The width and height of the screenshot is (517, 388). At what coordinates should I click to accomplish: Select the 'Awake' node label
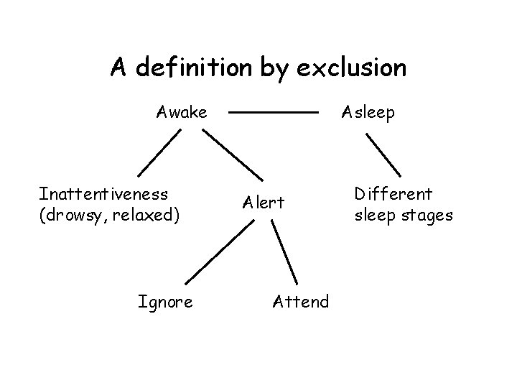[x=182, y=112]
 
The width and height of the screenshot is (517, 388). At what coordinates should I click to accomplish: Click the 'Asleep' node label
[x=368, y=112]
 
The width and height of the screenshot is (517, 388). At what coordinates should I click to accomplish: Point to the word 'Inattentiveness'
[x=104, y=193]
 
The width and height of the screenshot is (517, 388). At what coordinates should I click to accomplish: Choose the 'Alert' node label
[x=264, y=203]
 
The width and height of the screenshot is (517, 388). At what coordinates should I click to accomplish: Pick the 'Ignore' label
[x=165, y=302]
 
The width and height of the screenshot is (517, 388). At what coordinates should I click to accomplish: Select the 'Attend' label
[x=301, y=302]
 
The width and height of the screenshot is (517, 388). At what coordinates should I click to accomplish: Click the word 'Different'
[x=393, y=193]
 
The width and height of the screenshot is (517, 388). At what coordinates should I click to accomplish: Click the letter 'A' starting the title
[x=118, y=68]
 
